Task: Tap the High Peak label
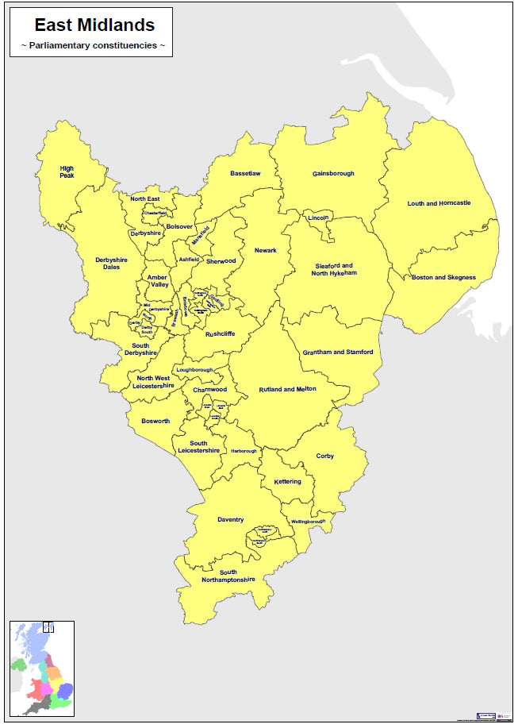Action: point(67,171)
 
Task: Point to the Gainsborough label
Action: point(333,173)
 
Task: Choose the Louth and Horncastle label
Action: point(439,203)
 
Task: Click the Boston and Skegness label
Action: point(443,278)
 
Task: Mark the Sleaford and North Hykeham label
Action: point(334,269)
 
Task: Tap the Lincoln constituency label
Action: point(318,218)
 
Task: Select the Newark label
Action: point(266,251)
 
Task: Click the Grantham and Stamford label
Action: point(338,352)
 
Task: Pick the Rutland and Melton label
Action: point(287,390)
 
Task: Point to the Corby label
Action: point(325,456)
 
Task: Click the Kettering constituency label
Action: point(287,482)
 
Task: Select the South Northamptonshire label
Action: point(228,576)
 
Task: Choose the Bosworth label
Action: point(155,421)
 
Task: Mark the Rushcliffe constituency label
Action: point(219,335)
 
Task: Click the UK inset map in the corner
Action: point(41,670)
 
